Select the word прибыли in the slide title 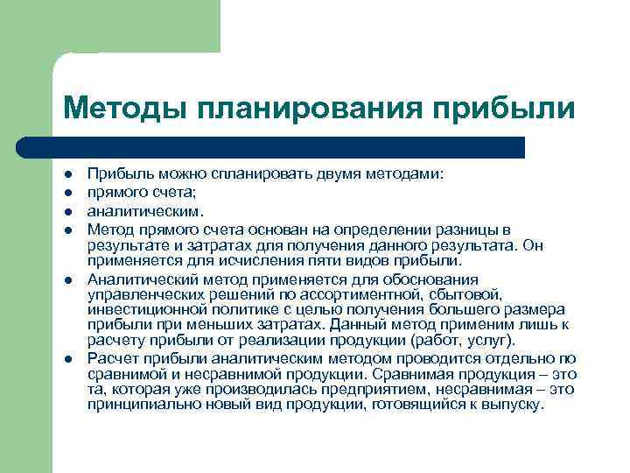click(x=503, y=109)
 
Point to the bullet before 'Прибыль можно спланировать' click(x=67, y=175)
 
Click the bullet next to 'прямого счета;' click(x=67, y=193)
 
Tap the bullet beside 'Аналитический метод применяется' click(x=67, y=280)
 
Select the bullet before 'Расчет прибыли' click(x=67, y=358)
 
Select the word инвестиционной click(x=144, y=310)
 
